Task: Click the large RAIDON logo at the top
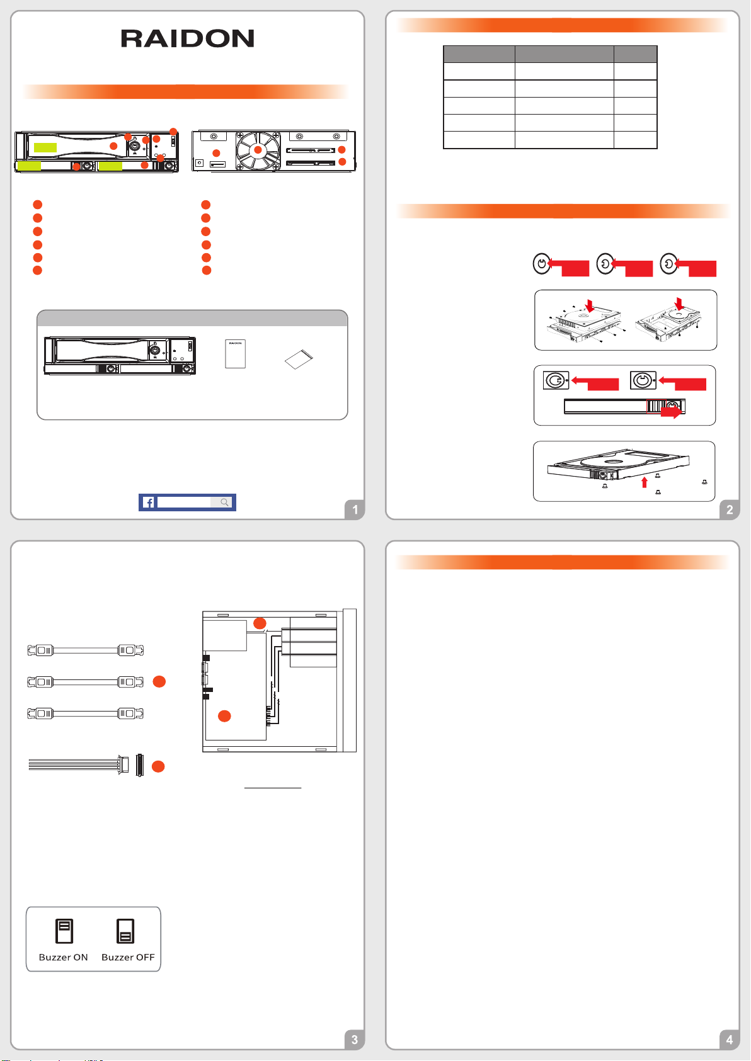pyautogui.click(x=188, y=38)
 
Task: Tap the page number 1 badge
pyautogui.click(x=355, y=509)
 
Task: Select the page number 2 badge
pyautogui.click(x=729, y=509)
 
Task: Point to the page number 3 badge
pyautogui.click(x=355, y=1040)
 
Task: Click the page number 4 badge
pyautogui.click(x=729, y=1040)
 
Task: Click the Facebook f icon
pyautogui.click(x=148, y=502)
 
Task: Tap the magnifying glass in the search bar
pyautogui.click(x=224, y=502)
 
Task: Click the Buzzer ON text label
pyautogui.click(x=63, y=957)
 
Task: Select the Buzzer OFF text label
pyautogui.click(x=128, y=957)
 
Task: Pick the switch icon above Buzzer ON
pyautogui.click(x=64, y=931)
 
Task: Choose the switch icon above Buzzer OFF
pyautogui.click(x=125, y=931)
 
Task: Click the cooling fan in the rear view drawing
pyautogui.click(x=258, y=150)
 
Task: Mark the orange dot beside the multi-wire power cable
pyautogui.click(x=158, y=766)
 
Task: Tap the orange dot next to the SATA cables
pyautogui.click(x=159, y=681)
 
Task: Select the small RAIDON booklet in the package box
pyautogui.click(x=235, y=354)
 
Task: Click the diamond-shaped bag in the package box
pyautogui.click(x=299, y=360)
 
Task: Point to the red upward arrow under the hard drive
pyautogui.click(x=645, y=482)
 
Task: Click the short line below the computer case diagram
pyautogui.click(x=273, y=788)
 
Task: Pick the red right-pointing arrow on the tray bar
pyautogui.click(x=671, y=411)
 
